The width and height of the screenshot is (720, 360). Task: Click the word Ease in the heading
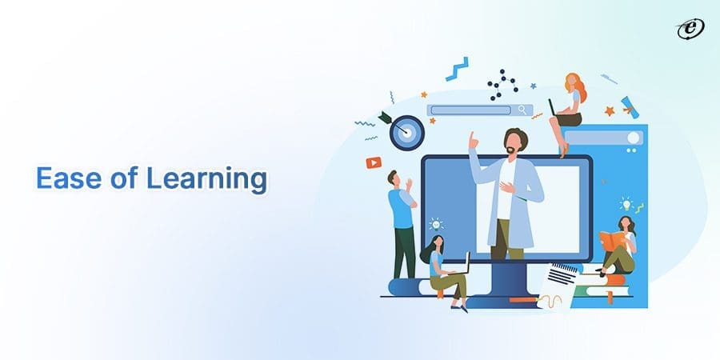63,179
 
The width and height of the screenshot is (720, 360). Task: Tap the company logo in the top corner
690,29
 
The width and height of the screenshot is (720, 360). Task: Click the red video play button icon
374,162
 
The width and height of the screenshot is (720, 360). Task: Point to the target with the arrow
406,131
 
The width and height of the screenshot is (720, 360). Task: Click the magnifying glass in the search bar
522,110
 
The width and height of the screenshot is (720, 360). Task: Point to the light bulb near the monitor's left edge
436,224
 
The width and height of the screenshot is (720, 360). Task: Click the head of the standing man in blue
393,177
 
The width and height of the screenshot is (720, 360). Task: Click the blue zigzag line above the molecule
456,68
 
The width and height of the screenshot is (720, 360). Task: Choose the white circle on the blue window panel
634,138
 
